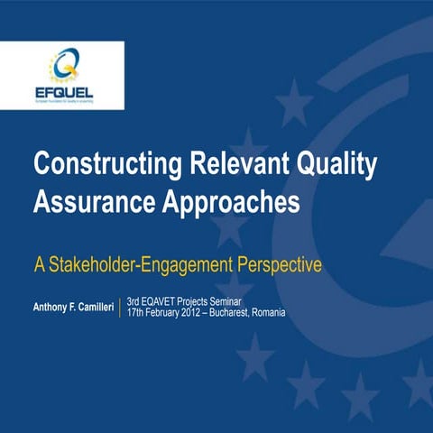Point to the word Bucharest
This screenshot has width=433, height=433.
(244, 312)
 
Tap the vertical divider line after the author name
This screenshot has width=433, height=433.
(120, 307)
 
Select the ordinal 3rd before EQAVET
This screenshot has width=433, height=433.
(134, 300)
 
